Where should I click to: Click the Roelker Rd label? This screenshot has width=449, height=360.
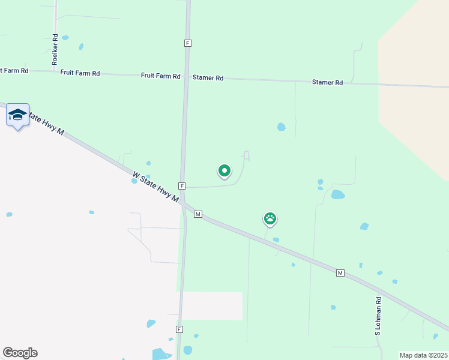coord(55,49)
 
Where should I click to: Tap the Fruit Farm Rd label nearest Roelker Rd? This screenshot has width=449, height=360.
coord(80,73)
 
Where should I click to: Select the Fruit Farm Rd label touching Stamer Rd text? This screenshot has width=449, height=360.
coord(160,76)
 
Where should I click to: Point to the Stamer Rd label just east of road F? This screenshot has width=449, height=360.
coord(208,78)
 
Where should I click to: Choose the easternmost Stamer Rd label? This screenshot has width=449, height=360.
coord(327,83)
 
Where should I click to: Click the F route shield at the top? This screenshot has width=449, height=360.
coord(188,43)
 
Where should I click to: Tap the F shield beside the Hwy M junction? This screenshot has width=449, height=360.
coord(181,186)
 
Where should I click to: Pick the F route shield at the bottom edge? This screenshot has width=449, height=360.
coord(179,329)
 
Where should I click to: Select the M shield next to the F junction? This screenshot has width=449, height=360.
coord(197,214)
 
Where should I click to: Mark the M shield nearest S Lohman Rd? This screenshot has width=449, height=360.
coord(340,273)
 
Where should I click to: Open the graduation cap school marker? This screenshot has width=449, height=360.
coord(17,115)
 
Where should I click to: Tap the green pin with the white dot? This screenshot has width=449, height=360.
coord(224,171)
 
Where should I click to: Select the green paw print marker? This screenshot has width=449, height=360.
coord(270,218)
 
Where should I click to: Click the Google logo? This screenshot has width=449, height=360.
coord(20,353)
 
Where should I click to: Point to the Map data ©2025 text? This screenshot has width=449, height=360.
coord(423,355)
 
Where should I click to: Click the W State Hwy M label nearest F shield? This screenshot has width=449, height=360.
coord(155,187)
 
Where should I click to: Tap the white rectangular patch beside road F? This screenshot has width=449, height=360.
coord(212,305)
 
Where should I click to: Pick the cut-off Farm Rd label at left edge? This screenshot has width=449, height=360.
coord(14,71)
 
